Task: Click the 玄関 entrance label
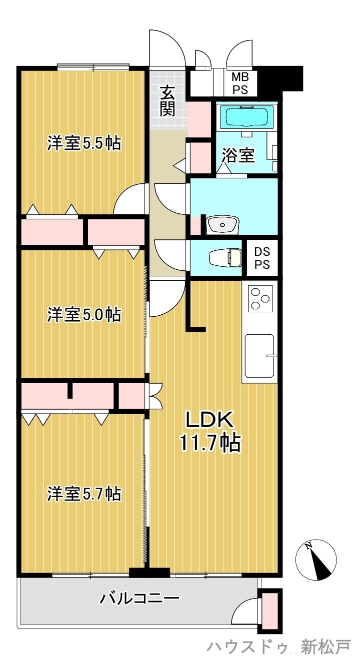tap(167, 101)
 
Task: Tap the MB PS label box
tap(240, 83)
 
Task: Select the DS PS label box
tap(262, 258)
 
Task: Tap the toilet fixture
tap(225, 257)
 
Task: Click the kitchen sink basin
tap(259, 356)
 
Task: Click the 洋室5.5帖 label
tap(84, 143)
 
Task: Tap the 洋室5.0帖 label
tap(84, 314)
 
